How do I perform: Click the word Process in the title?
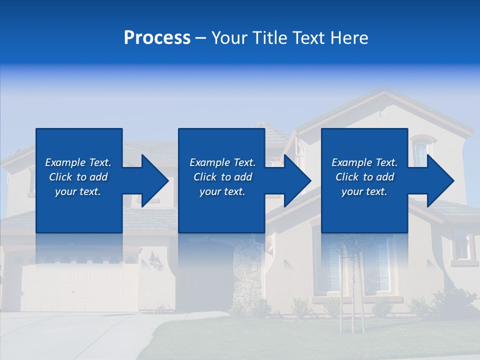[x=157, y=38]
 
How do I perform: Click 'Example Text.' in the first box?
[x=78, y=162]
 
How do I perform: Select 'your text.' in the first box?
[x=78, y=191]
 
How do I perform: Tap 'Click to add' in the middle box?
[x=222, y=177]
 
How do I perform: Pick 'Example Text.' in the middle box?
[x=222, y=162]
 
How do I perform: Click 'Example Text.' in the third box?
[x=364, y=162]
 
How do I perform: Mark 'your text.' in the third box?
[x=364, y=191]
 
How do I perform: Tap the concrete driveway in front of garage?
[x=75, y=335]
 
